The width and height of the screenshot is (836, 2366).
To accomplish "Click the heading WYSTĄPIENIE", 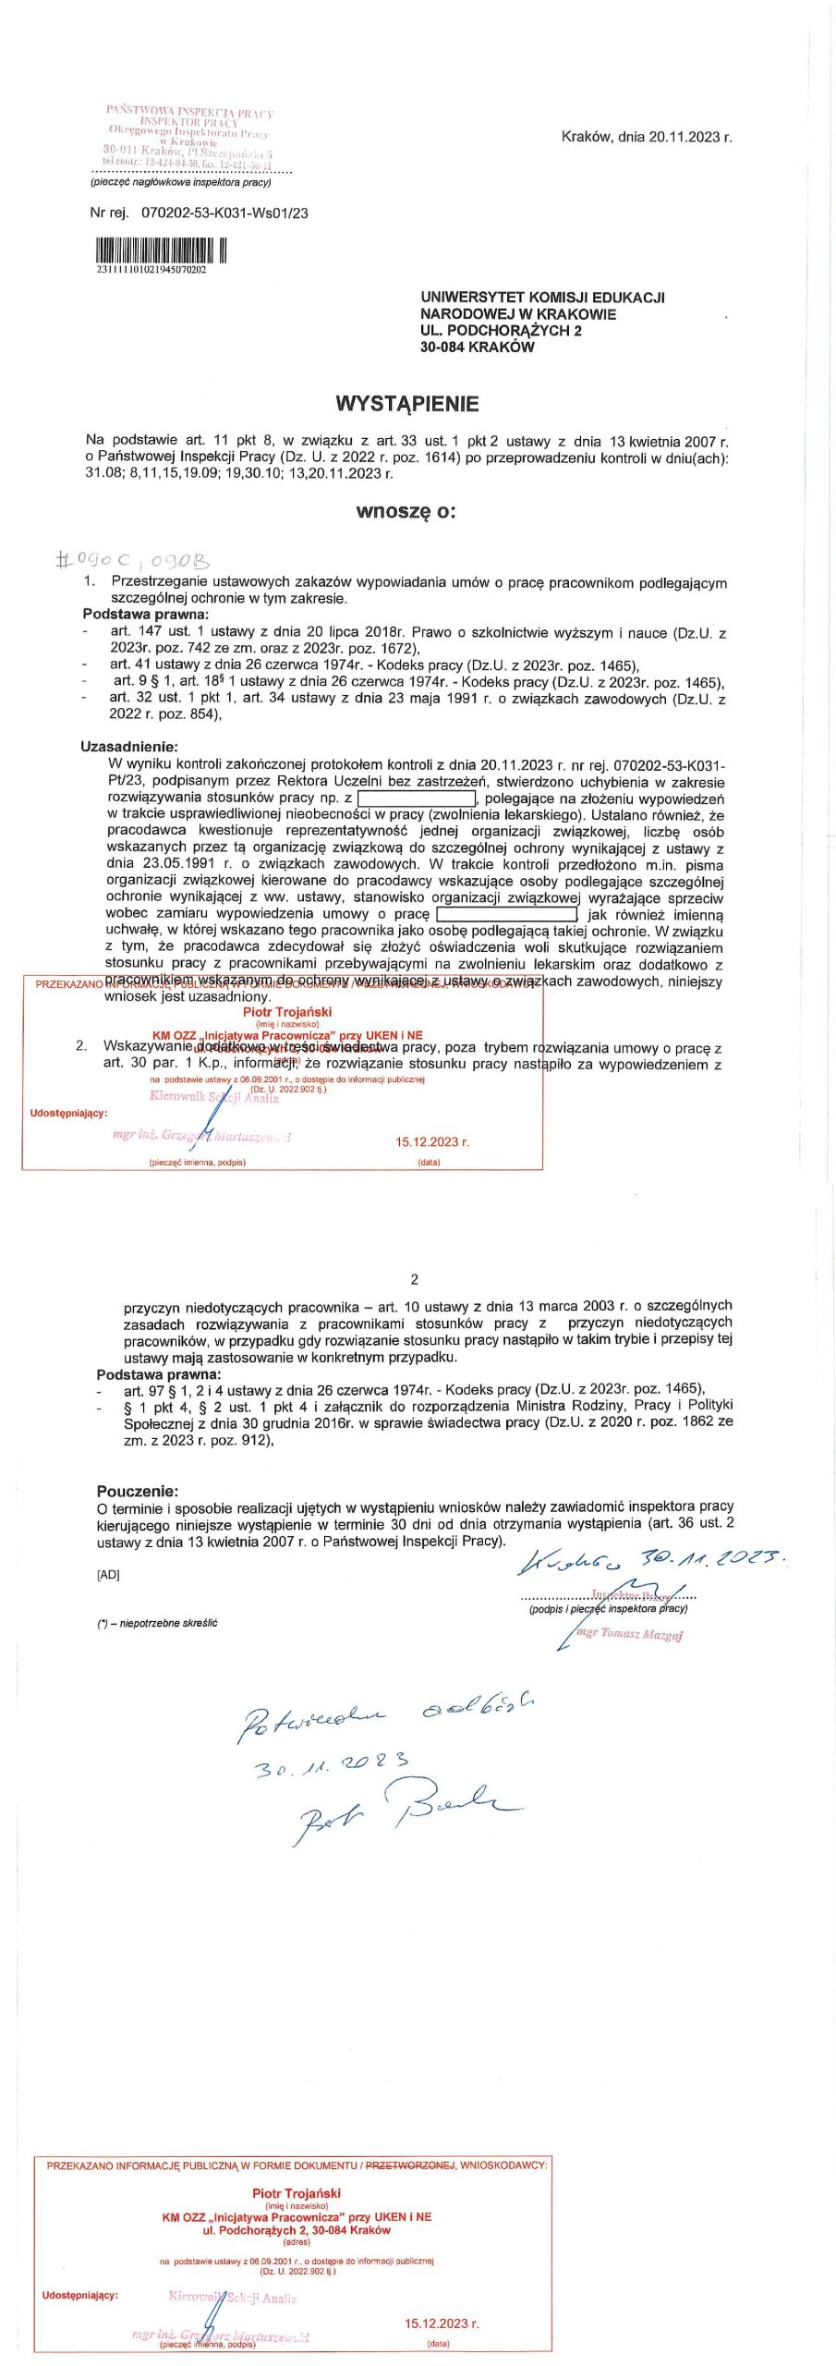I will [x=406, y=403].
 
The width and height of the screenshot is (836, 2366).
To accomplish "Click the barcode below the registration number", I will [x=161, y=250].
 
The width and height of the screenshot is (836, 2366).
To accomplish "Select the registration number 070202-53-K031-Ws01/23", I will [x=224, y=213].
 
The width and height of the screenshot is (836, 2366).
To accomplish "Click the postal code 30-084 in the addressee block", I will [x=447, y=348].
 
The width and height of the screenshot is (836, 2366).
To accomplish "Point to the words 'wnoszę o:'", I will [x=406, y=511].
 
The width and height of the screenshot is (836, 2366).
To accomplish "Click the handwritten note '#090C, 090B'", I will [x=133, y=559].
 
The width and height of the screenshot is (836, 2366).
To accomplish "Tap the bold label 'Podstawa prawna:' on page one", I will [x=146, y=614].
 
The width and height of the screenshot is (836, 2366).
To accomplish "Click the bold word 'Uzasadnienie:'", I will [x=129, y=746].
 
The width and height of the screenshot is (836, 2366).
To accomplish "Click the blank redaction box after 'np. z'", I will [x=416, y=798].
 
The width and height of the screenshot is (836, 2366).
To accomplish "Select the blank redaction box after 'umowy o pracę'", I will [x=506, y=914].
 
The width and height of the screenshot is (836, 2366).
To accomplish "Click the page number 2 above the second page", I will [x=414, y=1279].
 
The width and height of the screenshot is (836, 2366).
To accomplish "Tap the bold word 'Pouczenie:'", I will [x=138, y=1491].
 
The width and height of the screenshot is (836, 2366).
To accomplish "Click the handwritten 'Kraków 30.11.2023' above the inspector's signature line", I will [x=652, y=1561].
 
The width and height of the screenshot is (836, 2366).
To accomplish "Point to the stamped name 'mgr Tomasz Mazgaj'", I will [x=630, y=1634].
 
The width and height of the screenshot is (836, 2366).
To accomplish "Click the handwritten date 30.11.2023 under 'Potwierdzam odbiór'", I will [x=332, y=1764].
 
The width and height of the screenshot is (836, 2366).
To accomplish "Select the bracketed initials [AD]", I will [x=108, y=1575].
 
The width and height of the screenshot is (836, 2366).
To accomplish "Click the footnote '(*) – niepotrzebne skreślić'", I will [x=158, y=1623].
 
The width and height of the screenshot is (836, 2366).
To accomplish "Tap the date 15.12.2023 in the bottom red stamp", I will [x=442, y=2323].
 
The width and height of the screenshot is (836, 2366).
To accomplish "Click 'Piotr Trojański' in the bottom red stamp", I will [x=297, y=2193].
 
